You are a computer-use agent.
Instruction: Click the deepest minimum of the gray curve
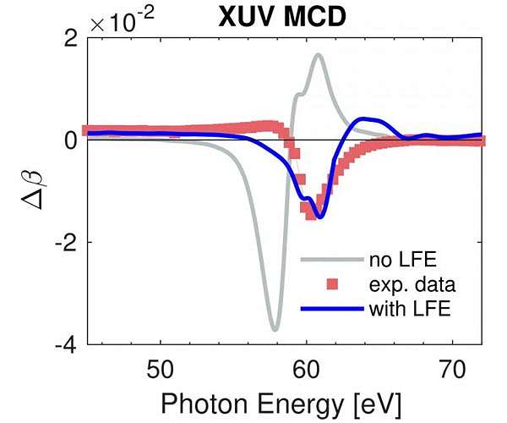point(274,329)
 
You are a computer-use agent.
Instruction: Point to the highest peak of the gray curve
point(318,55)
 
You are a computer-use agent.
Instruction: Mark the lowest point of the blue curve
point(319,217)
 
